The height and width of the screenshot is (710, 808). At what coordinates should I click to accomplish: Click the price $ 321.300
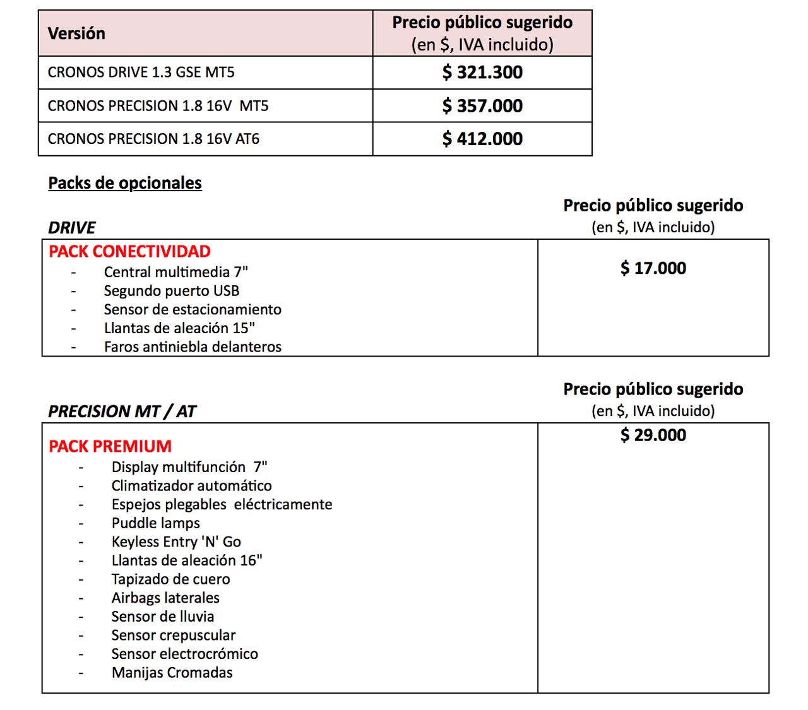(482, 73)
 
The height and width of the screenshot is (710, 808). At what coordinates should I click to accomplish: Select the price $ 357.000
(482, 106)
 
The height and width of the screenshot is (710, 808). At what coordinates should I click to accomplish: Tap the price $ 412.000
(482, 139)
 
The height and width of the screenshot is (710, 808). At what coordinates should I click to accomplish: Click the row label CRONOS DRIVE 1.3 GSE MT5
(141, 73)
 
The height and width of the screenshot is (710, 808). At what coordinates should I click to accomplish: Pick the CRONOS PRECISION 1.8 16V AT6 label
(153, 139)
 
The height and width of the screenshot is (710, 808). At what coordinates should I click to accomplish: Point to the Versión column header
(76, 33)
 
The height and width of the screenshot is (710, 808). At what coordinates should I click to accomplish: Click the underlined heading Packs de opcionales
(125, 183)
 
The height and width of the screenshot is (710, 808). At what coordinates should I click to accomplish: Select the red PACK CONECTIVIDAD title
(129, 252)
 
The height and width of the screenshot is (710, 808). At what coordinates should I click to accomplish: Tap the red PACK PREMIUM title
(110, 447)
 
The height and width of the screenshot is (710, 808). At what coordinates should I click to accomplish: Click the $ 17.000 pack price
(653, 268)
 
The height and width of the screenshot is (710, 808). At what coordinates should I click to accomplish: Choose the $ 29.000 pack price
(653, 435)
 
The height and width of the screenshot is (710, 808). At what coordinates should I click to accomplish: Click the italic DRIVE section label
(72, 228)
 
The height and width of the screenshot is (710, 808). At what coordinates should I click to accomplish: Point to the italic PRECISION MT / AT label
(122, 411)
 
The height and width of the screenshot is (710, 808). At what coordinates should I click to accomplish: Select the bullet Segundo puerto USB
(172, 291)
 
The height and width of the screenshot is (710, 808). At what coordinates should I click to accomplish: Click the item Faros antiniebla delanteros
(193, 347)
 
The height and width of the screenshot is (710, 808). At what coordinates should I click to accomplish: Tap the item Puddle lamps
(155, 523)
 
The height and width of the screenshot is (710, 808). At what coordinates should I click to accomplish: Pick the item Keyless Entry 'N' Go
(176, 542)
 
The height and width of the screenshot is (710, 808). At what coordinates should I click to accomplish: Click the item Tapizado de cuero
(170, 579)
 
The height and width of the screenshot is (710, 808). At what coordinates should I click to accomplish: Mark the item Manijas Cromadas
(172, 673)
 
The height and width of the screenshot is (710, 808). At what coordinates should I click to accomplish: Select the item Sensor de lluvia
(163, 617)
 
